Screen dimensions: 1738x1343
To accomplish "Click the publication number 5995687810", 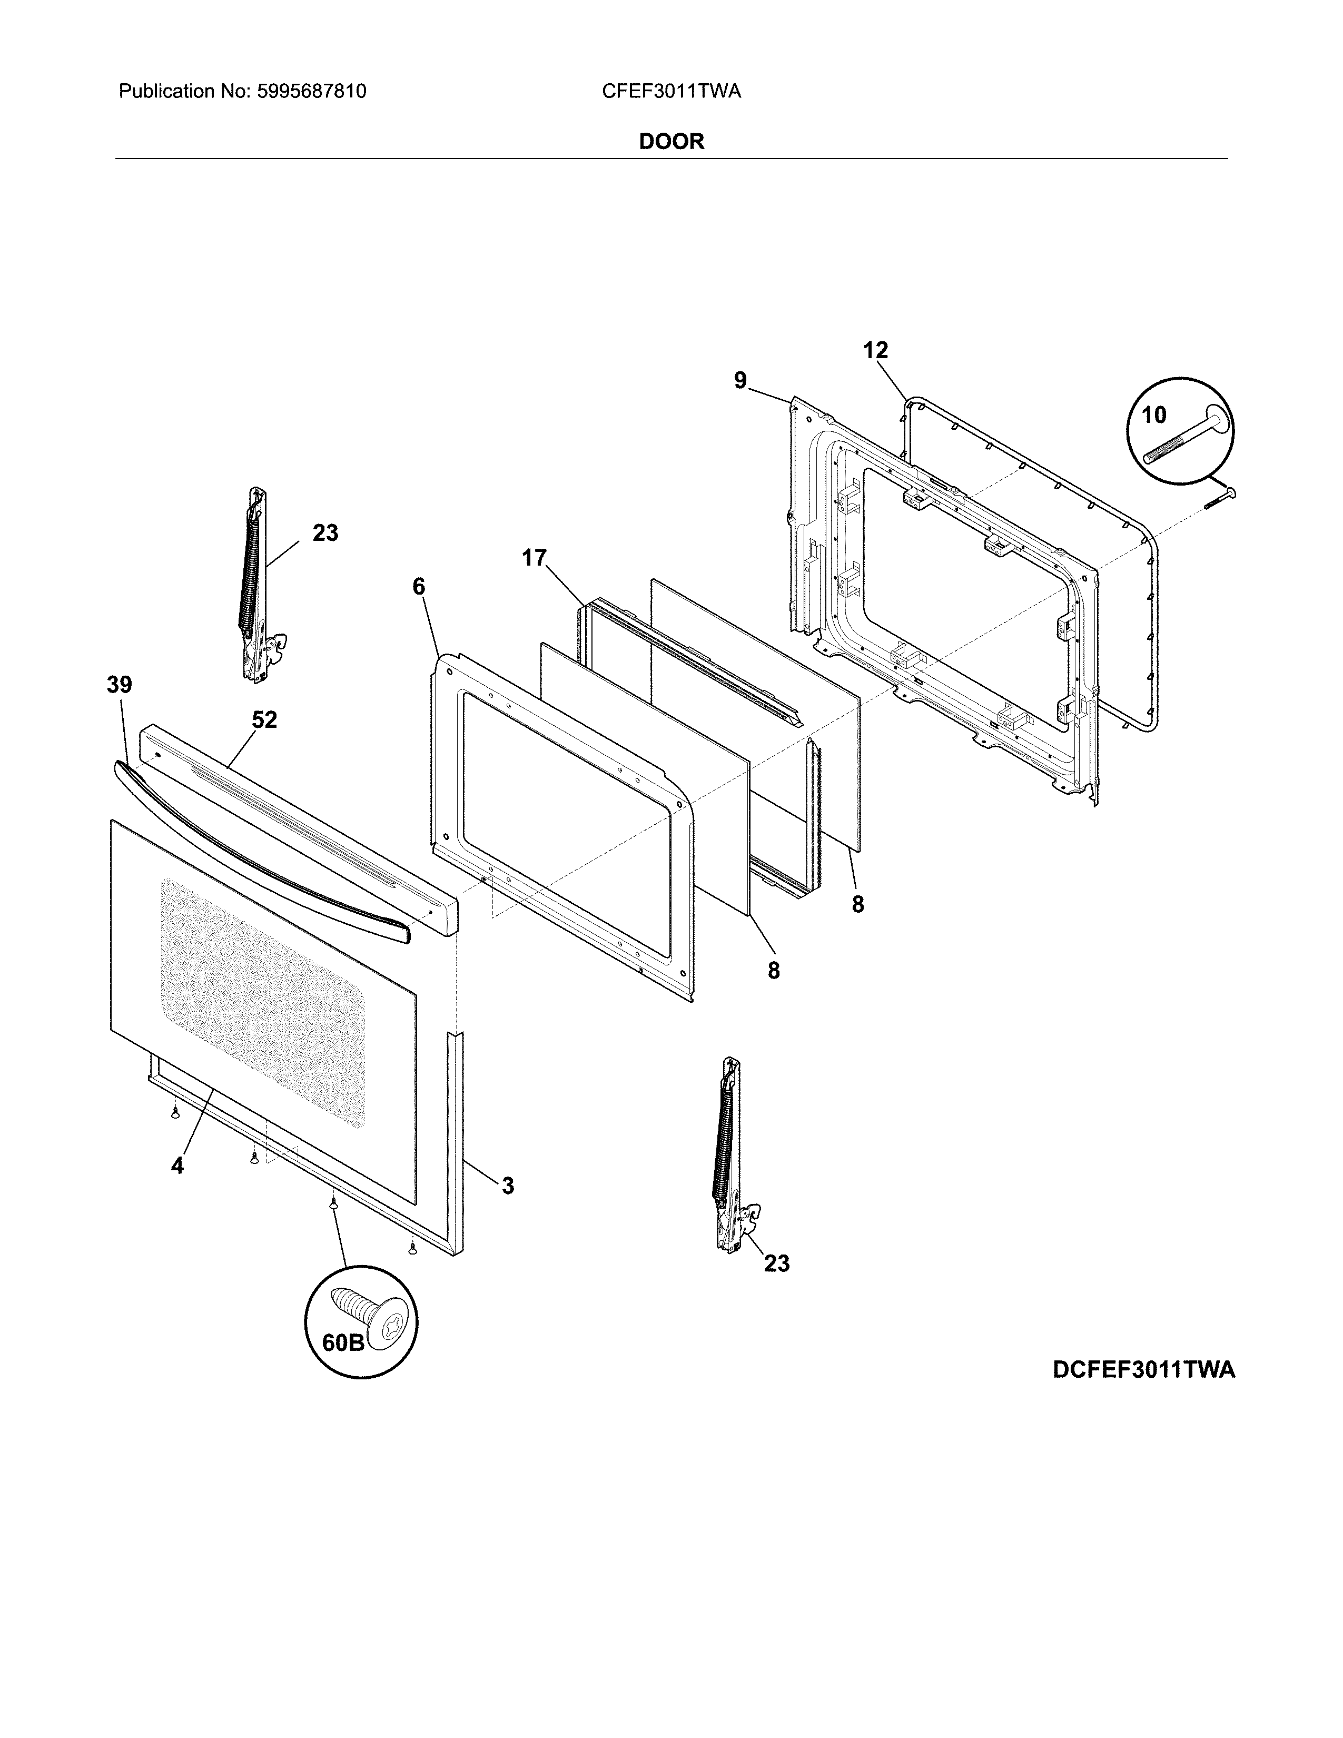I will click(311, 92).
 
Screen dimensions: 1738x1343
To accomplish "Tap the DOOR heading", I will click(671, 142).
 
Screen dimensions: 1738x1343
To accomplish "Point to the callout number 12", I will click(875, 350).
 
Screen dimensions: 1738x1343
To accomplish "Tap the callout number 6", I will click(419, 587).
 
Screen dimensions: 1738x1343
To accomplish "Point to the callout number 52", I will click(264, 719).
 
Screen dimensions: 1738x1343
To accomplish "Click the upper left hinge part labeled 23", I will click(256, 585).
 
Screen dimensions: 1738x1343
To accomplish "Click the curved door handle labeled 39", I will click(263, 847).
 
